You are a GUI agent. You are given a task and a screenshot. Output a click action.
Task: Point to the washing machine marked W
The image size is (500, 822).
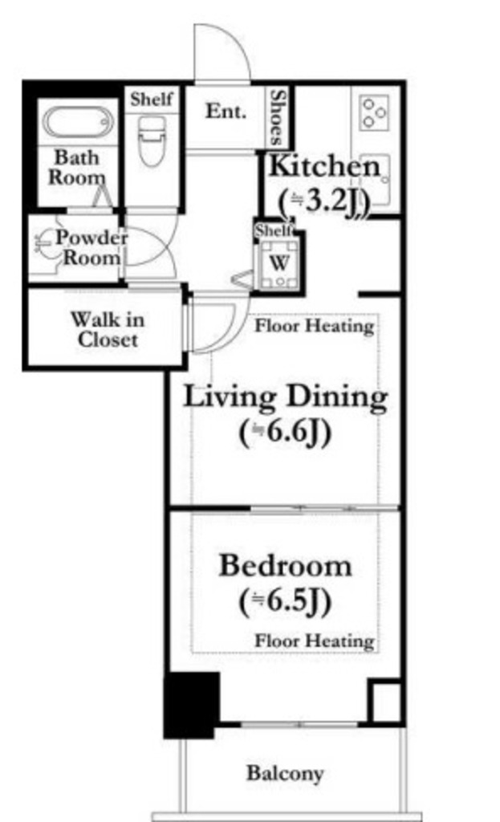click(x=280, y=263)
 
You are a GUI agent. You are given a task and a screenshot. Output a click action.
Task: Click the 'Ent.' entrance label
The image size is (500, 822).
click(x=226, y=111)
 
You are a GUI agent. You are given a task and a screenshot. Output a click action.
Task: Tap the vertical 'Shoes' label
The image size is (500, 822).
click(x=277, y=117)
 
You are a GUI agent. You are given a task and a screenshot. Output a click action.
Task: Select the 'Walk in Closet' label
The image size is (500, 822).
click(x=107, y=329)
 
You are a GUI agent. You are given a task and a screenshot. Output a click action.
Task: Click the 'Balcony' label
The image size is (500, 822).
click(x=285, y=773)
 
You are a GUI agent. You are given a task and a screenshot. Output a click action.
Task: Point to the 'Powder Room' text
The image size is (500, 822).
click(x=91, y=247)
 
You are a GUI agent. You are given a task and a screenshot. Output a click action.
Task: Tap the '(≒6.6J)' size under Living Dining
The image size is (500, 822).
click(x=286, y=434)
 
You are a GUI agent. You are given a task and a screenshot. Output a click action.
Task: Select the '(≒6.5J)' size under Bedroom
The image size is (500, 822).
click(x=286, y=602)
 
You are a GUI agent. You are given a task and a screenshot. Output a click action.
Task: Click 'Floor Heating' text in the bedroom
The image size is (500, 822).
click(x=315, y=641)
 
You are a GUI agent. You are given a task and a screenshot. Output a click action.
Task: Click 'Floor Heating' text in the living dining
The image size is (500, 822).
click(x=315, y=326)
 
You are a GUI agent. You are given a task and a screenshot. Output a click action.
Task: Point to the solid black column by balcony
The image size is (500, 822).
click(x=191, y=705)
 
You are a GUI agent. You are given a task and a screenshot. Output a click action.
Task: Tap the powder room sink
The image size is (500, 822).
click(x=44, y=243)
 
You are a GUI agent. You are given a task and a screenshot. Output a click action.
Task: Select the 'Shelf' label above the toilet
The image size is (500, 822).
click(x=152, y=99)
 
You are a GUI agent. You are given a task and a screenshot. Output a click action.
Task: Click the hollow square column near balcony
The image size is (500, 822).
click(x=385, y=702)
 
